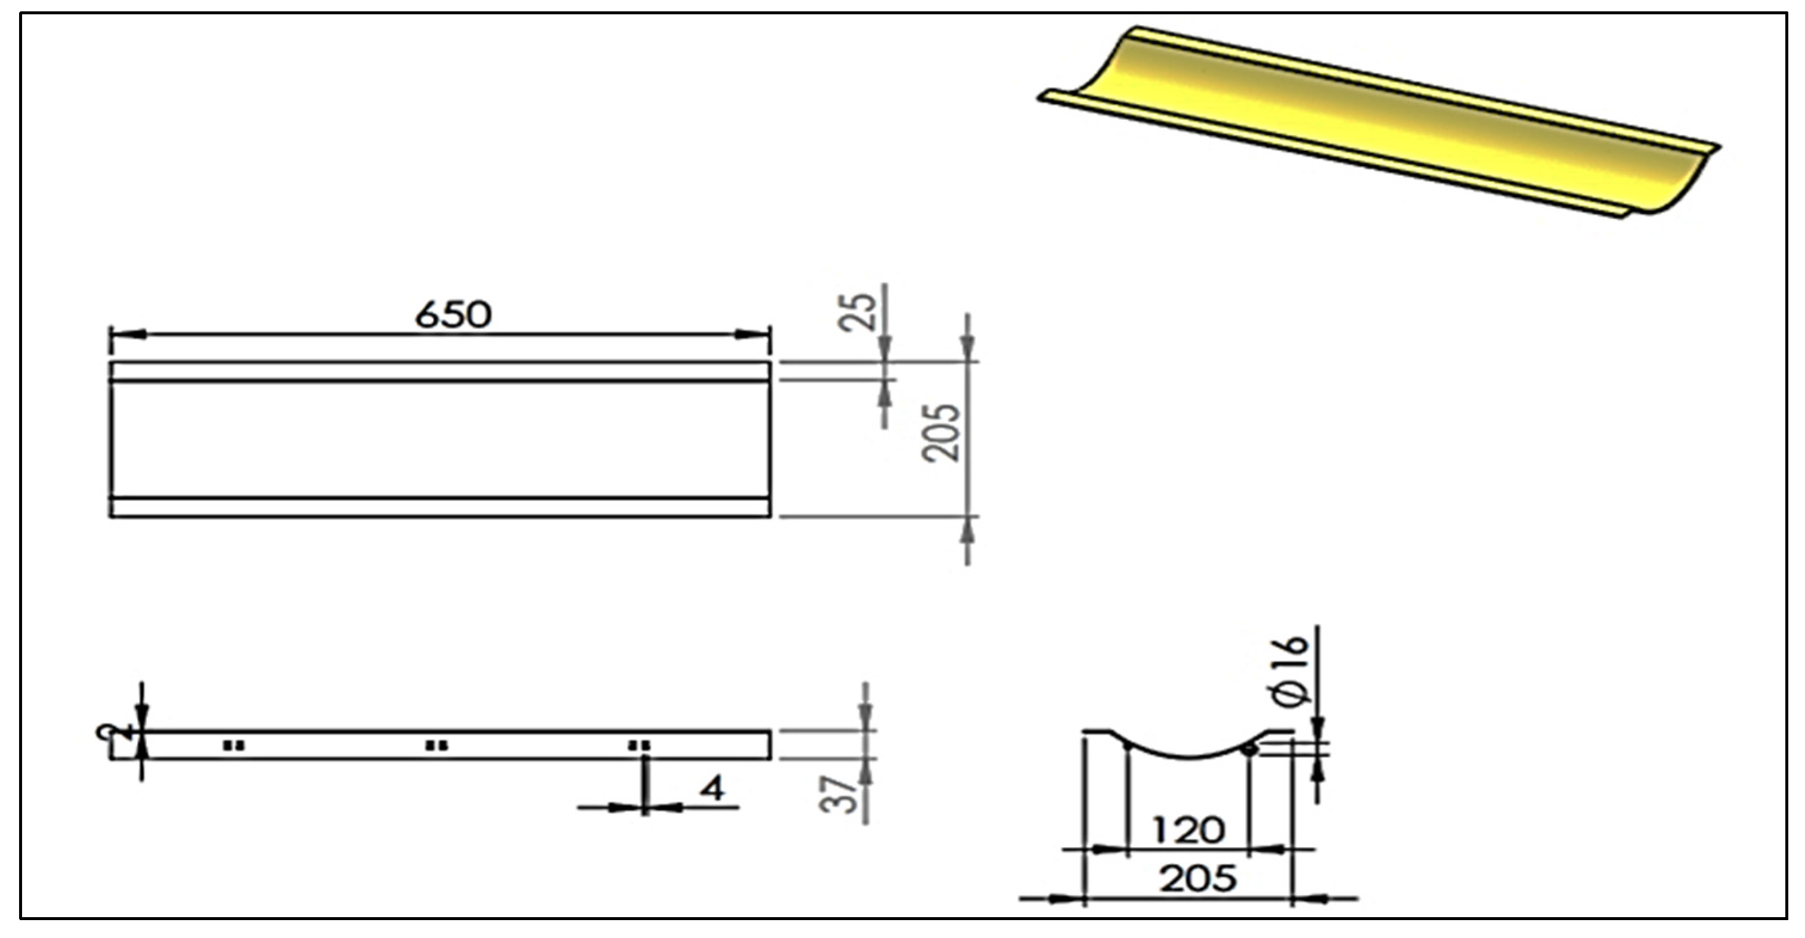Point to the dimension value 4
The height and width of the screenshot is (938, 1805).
713,790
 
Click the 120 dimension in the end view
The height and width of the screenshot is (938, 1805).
1188,831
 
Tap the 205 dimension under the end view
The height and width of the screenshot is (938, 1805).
1197,879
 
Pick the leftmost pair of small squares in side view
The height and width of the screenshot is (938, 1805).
234,745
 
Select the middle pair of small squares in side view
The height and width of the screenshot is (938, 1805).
436,745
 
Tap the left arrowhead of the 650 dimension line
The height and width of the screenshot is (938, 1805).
129,335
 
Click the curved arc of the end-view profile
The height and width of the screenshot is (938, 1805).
1188,757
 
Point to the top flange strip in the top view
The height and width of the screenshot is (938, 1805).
440,372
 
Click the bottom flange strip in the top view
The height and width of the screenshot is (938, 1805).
440,507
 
